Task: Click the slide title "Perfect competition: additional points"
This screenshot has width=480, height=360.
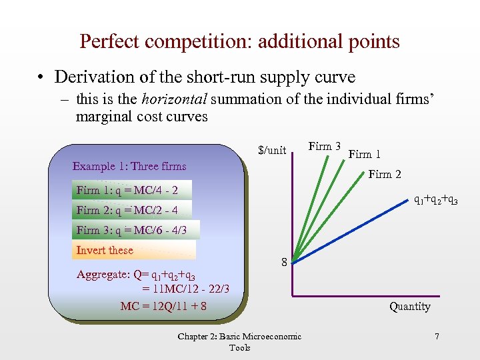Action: tap(239, 41)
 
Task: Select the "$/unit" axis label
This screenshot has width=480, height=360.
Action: tap(272, 151)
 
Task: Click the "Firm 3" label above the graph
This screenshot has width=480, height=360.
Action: tap(325, 146)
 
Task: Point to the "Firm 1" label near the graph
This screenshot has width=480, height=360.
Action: tap(365, 154)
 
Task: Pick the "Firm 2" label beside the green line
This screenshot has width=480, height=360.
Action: tap(385, 175)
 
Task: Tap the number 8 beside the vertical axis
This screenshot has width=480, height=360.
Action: tap(284, 263)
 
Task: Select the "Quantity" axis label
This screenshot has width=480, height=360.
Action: tap(410, 306)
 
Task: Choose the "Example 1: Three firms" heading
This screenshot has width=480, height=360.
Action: tap(129, 166)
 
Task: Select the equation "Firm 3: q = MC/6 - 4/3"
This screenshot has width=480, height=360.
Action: tap(131, 230)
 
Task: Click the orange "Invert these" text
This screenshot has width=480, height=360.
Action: tap(105, 250)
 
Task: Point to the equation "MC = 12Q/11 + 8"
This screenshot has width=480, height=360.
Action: tap(163, 307)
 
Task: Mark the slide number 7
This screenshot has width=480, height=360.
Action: tap(437, 337)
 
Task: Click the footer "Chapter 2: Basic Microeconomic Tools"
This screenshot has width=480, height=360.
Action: tap(239, 342)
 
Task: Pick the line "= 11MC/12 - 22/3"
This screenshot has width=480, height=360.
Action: tap(185, 289)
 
